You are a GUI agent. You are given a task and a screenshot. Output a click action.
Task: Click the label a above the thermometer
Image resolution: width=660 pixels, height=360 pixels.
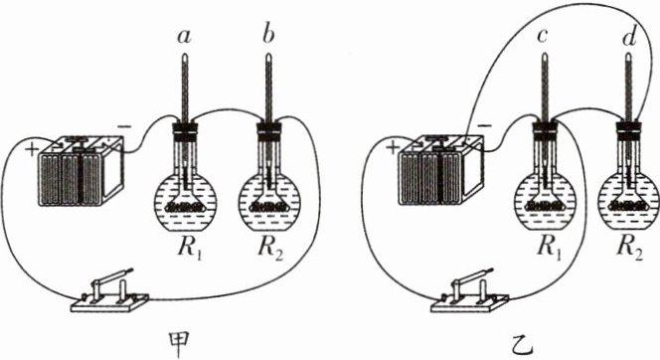point(184,37)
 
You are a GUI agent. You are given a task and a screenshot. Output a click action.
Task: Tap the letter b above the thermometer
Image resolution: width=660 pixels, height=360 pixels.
point(267,35)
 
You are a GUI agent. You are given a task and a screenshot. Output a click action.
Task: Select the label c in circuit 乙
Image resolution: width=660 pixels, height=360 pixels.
point(542,37)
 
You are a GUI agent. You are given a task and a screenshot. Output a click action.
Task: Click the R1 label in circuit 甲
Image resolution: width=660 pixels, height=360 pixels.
point(190,248)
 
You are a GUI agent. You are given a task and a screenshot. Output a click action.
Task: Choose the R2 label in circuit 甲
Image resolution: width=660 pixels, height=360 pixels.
point(270,248)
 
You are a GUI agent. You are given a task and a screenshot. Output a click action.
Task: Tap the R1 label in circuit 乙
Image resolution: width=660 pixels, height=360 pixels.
point(550,248)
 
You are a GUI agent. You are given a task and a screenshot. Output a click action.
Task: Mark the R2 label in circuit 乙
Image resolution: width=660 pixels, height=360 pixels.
point(630,248)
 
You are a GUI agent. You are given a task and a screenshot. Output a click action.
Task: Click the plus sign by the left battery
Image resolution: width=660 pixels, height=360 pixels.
point(32,150)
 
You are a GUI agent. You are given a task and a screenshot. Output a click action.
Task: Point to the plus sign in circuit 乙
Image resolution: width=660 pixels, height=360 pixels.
point(393,148)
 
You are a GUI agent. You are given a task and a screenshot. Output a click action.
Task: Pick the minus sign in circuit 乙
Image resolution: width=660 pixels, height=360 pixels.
point(485,126)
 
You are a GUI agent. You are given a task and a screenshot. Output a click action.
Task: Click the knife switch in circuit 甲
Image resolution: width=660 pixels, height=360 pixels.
point(109,291)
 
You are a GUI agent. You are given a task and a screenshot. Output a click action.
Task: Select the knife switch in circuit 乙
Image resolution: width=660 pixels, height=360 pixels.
point(470,291)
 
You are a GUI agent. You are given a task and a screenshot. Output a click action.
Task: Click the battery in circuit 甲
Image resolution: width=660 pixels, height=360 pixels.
point(81,170)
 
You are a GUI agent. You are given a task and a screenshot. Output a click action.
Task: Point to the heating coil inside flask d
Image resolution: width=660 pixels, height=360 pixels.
point(629,206)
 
